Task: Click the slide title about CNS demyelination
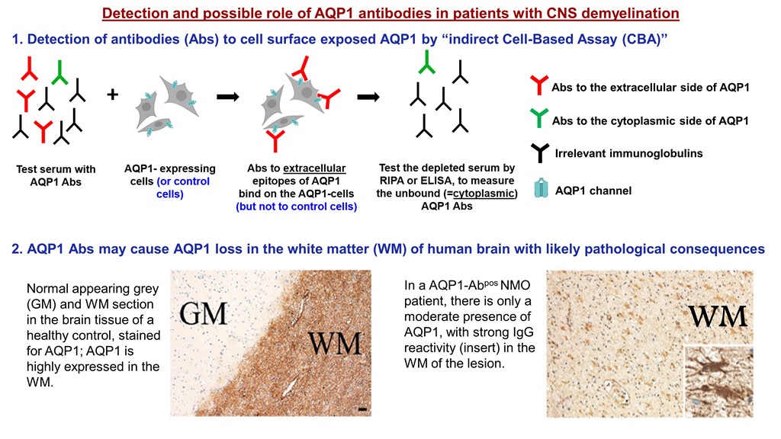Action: [390, 14]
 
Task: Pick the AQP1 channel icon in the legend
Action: [540, 189]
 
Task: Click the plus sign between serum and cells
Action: [113, 95]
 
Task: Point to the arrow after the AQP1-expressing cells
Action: [228, 97]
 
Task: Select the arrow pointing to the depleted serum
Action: [370, 97]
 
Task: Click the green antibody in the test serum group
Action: [59, 73]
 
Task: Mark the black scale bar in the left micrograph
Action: [362, 410]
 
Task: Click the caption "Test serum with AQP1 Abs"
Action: [56, 175]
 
